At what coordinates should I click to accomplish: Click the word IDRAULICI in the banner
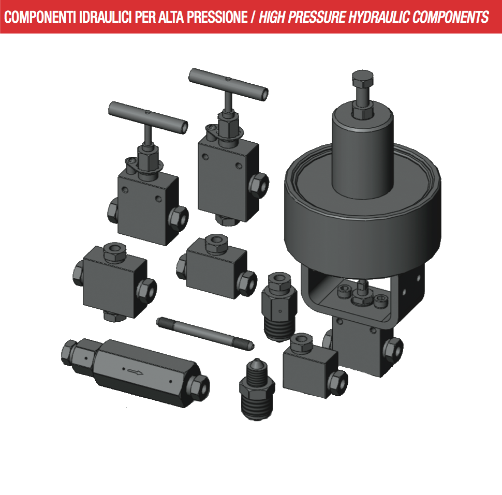click(106, 17)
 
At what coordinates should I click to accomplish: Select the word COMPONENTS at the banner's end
click(450, 17)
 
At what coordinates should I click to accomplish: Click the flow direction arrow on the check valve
click(136, 371)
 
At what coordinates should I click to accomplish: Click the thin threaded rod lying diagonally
click(205, 333)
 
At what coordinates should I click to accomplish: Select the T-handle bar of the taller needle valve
click(228, 84)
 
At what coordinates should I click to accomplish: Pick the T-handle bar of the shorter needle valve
click(148, 118)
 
